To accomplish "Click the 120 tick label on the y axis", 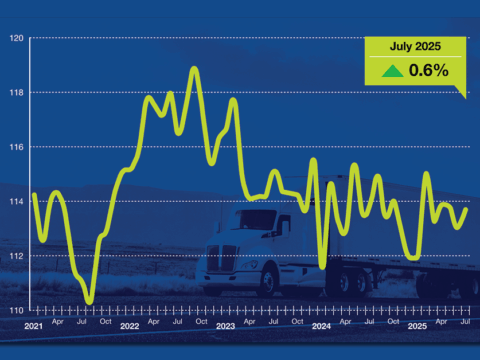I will click(16, 38).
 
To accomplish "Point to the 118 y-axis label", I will click(16, 93).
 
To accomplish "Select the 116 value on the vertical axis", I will click(16, 147).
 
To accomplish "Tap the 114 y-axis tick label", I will click(16, 202).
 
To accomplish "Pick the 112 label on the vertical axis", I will click(16, 256).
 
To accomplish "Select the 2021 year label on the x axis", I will click(34, 326).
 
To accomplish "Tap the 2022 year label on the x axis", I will click(129, 326).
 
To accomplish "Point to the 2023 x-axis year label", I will click(224, 326).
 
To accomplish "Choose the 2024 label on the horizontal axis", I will click(320, 326).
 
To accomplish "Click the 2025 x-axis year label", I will click(416, 326).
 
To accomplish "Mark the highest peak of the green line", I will click(194, 68).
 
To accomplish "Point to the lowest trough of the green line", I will click(90, 301).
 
